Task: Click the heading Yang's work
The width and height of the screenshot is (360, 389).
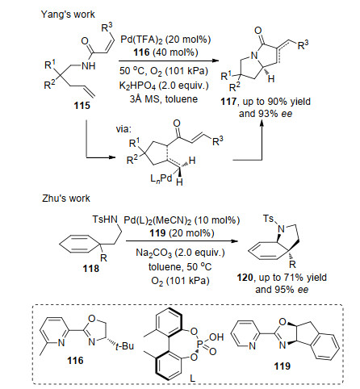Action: click(x=68, y=15)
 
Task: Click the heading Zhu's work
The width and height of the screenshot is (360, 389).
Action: click(x=66, y=199)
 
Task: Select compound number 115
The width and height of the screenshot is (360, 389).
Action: click(x=82, y=106)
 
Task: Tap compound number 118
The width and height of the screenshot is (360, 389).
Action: click(x=91, y=268)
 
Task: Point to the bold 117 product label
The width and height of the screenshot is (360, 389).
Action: click(x=228, y=102)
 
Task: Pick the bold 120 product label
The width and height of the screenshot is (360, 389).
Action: click(x=245, y=278)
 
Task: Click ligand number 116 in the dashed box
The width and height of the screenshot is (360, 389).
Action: click(x=75, y=361)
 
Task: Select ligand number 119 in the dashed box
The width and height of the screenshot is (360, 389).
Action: click(x=283, y=366)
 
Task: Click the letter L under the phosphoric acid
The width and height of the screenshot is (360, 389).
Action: click(x=193, y=378)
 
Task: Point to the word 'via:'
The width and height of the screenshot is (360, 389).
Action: click(x=123, y=129)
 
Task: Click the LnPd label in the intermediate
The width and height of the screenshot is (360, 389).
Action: click(x=161, y=178)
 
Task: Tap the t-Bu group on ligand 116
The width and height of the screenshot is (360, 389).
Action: click(x=124, y=346)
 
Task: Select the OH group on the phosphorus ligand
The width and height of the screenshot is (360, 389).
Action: click(x=216, y=337)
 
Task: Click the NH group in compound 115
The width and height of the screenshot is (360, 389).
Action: click(x=88, y=65)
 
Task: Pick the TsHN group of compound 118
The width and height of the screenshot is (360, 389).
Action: click(x=105, y=220)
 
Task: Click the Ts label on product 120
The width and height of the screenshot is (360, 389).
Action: click(x=269, y=219)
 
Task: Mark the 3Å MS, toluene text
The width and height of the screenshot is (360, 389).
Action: click(x=164, y=99)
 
